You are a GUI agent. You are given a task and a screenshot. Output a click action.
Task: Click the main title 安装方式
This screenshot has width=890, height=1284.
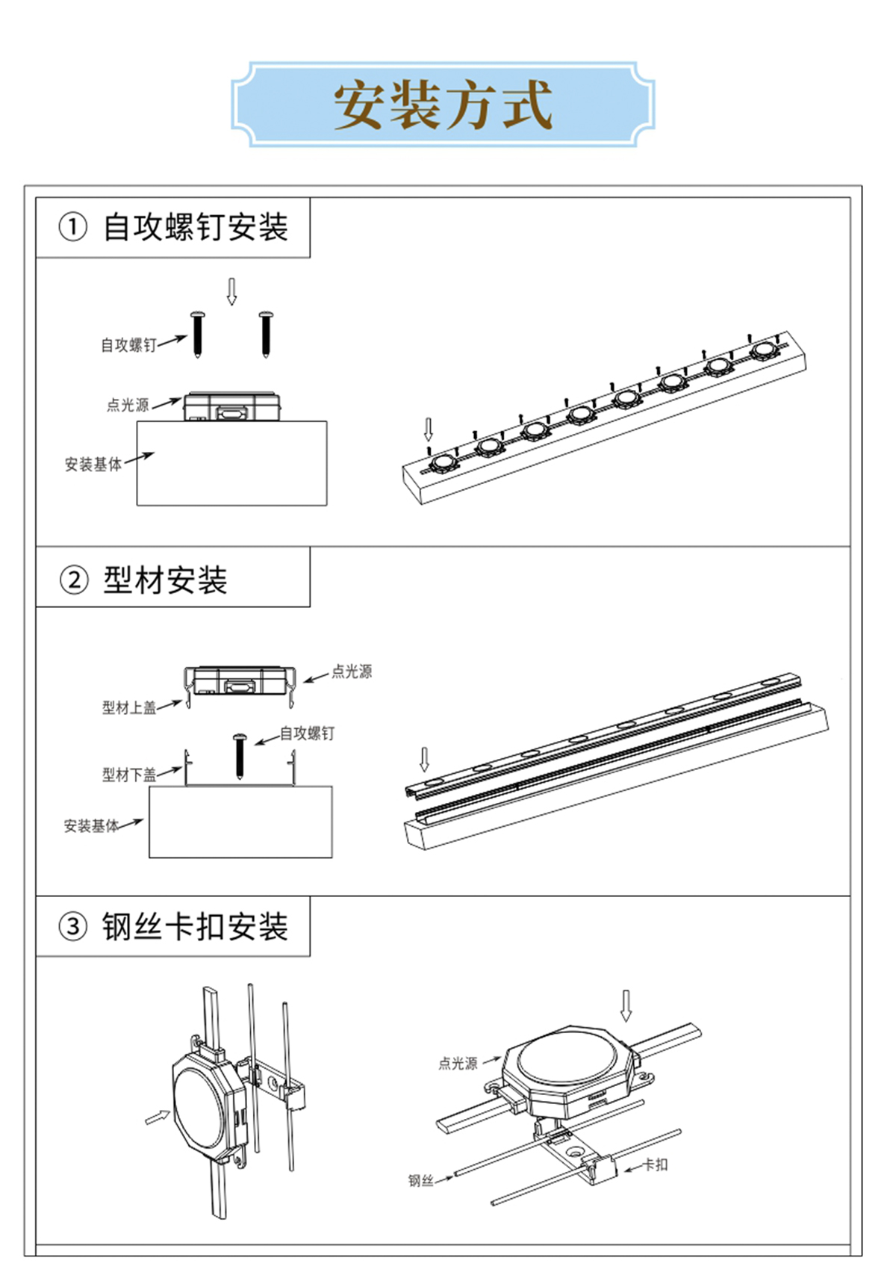443,105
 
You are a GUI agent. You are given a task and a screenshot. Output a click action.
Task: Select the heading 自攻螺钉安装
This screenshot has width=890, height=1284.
195,227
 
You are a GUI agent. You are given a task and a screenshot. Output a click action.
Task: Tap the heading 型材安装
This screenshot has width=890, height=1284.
165,580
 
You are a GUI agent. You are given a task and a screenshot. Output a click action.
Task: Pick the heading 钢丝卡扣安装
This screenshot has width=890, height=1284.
195,927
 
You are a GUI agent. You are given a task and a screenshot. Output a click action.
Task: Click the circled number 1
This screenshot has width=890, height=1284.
73,227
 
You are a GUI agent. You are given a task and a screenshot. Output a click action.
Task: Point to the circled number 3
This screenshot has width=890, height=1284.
73,927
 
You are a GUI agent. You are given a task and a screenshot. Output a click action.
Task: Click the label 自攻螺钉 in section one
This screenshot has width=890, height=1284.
128,345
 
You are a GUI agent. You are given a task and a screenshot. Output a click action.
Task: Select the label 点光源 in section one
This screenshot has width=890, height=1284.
128,405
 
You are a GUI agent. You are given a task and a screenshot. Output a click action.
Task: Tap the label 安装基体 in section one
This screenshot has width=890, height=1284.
93,465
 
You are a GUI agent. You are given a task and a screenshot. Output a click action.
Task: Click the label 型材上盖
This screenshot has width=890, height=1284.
129,707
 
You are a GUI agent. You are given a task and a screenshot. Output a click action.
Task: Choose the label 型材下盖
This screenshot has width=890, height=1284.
129,775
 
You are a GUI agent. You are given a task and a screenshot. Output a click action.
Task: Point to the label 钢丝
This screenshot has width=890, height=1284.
420,1180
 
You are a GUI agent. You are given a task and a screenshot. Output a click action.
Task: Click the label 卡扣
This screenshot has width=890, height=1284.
656,1164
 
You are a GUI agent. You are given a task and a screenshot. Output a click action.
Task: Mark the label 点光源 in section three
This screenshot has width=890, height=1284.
458,1063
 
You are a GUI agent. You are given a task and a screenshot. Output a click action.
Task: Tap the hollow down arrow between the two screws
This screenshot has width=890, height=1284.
231,291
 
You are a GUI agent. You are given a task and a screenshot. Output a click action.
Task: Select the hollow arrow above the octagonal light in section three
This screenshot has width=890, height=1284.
626,1005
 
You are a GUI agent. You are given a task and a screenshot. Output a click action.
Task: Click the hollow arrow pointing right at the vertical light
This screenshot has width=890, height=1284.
158,1117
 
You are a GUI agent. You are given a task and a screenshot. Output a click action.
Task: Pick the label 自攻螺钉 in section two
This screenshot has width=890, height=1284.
307,734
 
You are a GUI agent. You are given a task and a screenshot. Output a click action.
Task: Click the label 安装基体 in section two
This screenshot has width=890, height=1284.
91,825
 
